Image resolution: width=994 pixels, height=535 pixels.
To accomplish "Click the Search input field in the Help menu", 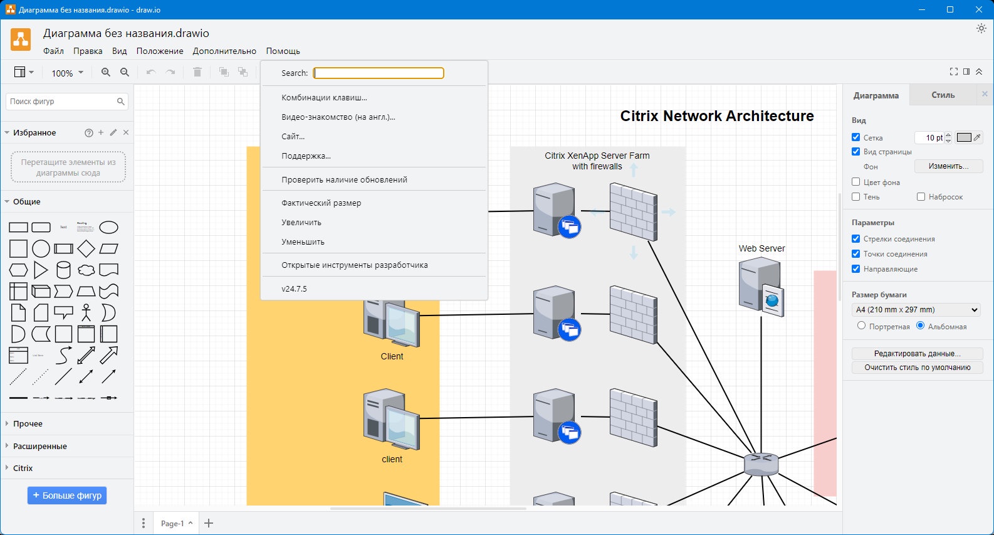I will tap(379, 73).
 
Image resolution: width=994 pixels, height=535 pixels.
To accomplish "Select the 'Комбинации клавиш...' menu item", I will tap(324, 98).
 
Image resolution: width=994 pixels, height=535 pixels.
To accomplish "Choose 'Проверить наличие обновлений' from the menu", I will tap(344, 180).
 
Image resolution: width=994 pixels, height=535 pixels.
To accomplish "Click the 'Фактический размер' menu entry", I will tap(321, 203).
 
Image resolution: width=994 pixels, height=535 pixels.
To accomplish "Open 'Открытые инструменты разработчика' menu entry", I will tap(354, 265).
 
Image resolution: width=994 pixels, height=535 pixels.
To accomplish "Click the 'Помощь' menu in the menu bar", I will tap(283, 51).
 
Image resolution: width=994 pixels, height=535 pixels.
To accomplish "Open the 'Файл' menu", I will tap(53, 51).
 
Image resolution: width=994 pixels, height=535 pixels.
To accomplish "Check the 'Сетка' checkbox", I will tap(856, 137).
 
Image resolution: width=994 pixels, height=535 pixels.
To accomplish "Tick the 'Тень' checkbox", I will tap(856, 197).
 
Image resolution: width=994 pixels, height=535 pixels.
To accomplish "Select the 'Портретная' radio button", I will tap(862, 326).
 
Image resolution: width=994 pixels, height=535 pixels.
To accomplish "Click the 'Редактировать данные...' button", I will tap(917, 354).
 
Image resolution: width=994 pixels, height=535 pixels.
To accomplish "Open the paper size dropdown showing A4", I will tap(916, 310).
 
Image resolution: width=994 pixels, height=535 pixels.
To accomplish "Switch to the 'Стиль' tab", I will tap(943, 95).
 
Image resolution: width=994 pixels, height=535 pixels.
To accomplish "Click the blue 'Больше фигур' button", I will tap(67, 495).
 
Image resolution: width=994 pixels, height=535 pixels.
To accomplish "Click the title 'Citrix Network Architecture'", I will tap(716, 116).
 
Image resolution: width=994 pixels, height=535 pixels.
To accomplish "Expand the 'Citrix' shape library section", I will tap(23, 469).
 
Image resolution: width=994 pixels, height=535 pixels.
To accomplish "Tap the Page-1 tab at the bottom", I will tap(172, 524).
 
